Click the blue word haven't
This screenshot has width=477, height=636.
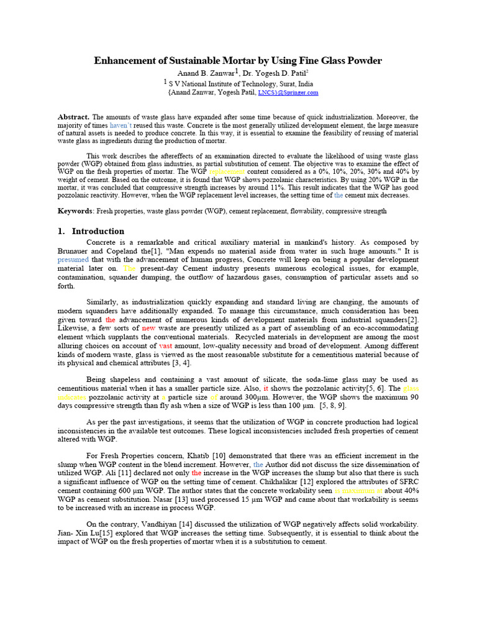pos(126,125)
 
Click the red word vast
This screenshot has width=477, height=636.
pos(166,345)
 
